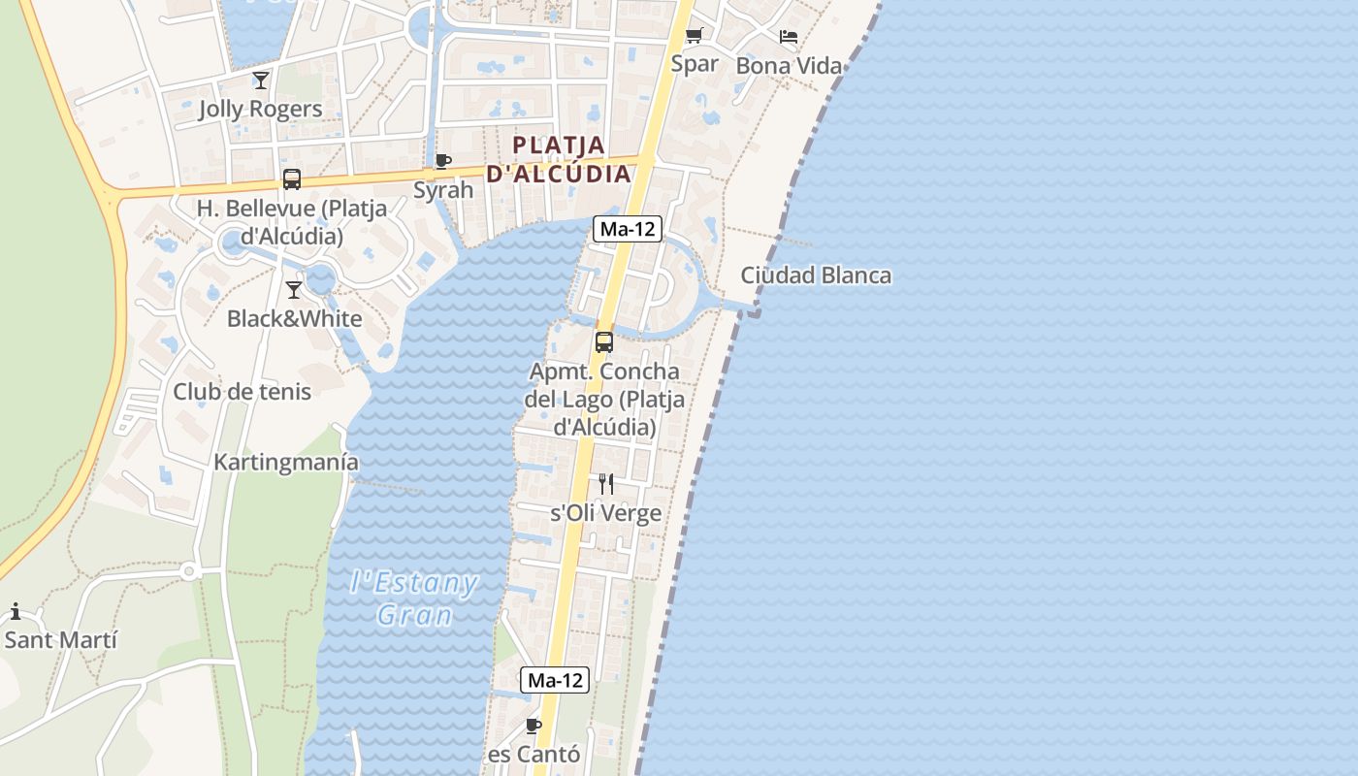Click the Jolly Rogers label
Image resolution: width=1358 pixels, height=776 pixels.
[260, 109]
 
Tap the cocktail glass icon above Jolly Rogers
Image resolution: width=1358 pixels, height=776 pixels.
[260, 80]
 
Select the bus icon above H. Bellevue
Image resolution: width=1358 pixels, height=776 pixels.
[292, 179]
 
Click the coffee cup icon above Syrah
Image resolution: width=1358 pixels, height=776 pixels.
[443, 161]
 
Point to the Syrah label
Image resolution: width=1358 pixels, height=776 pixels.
[443, 189]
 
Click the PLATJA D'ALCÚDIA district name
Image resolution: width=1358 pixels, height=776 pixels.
[559, 160]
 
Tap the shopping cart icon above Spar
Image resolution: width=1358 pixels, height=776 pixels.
[695, 37]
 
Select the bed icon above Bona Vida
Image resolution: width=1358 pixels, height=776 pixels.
[789, 37]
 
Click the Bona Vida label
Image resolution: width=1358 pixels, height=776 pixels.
[789, 66]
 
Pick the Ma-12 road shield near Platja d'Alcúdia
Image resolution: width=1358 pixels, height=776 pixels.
[628, 230]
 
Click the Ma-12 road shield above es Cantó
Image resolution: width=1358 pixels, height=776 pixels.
[555, 680]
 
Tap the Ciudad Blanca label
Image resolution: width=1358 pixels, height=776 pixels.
[816, 275]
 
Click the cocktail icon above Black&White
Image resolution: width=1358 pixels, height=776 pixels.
[294, 289]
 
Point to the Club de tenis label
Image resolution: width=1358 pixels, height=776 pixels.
[242, 392]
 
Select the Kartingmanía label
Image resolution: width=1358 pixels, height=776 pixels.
[286, 463]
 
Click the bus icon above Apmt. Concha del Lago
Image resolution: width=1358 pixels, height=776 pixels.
[604, 341]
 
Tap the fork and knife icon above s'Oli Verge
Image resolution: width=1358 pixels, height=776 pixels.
[606, 484]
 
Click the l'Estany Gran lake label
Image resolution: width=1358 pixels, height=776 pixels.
[414, 598]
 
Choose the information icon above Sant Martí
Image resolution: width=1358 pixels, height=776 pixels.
[16, 611]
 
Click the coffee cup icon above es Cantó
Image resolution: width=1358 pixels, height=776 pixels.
[533, 726]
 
